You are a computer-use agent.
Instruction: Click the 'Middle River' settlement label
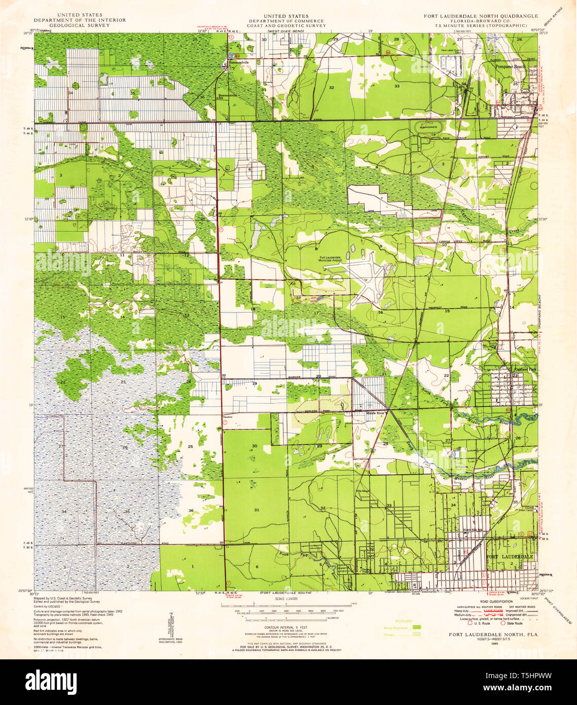pyautogui.click(x=377, y=413)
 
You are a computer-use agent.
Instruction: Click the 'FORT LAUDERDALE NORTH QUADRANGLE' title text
pyautogui.click(x=481, y=16)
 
